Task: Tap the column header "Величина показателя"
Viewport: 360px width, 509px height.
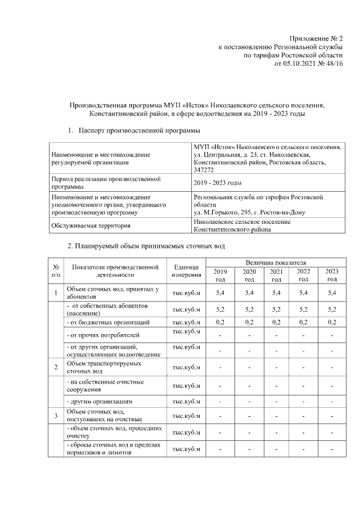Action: [x=275, y=263]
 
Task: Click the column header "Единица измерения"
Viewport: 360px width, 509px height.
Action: [x=187, y=271]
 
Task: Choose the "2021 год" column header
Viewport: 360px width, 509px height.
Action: [x=276, y=275]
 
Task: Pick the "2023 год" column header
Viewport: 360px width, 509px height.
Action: [x=332, y=275]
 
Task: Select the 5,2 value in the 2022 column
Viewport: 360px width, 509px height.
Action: [x=303, y=309]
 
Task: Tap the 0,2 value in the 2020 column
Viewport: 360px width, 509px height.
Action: [x=249, y=322]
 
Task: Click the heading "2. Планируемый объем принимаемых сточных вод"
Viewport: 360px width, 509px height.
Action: [x=146, y=246]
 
